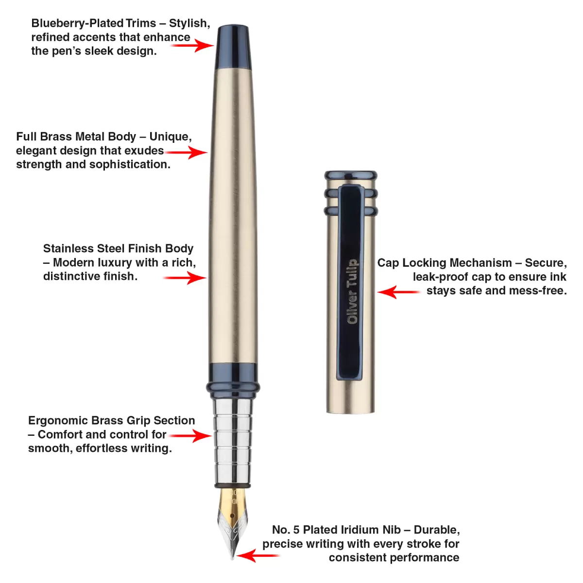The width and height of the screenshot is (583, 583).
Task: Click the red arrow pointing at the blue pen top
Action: pos(192,45)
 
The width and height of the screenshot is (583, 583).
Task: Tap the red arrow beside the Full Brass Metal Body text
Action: pos(186,152)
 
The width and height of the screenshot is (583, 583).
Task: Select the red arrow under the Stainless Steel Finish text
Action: pos(185,277)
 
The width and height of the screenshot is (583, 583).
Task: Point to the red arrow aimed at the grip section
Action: pos(190,436)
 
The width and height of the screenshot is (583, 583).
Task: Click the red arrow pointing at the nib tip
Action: pos(258,555)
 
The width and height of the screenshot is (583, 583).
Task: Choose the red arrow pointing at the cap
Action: pos(398,292)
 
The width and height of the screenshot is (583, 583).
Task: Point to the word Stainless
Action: pos(69,248)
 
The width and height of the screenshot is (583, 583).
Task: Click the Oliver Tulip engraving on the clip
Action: pos(352,291)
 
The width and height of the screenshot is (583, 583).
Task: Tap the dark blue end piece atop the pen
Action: pos(233,47)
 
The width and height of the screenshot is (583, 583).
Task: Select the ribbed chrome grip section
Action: pos(233,442)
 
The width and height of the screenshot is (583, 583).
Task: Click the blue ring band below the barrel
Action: pos(233,380)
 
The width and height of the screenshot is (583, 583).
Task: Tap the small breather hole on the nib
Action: pos(232,515)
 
